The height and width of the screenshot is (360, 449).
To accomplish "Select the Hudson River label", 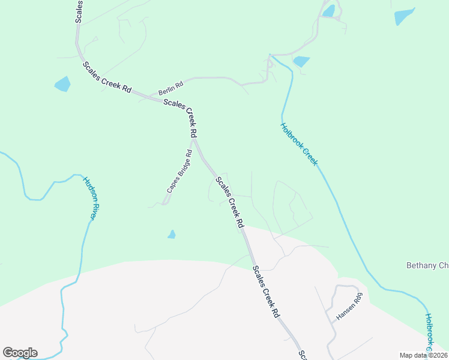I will coord(89,198).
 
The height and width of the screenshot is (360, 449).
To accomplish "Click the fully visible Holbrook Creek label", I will coord(298,145).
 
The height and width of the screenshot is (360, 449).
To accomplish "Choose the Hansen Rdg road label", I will coord(350,307).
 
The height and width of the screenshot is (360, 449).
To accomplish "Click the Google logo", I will coord(20,353).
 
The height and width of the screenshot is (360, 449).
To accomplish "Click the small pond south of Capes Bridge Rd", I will coord(172,235).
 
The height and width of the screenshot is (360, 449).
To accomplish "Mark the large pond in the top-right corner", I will coord(404,16).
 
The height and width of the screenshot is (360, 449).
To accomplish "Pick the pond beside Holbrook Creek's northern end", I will coord(301,61).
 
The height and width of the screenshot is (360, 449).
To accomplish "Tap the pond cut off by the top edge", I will coord(328,10).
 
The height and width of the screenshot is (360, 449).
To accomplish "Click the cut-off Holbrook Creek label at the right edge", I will coord(429,333).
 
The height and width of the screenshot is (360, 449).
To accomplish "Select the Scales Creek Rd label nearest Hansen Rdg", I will coord(266,292).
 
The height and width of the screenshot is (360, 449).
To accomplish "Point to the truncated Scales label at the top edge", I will coord(78,11).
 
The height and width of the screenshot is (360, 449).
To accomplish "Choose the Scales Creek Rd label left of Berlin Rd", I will coord(107,77).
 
